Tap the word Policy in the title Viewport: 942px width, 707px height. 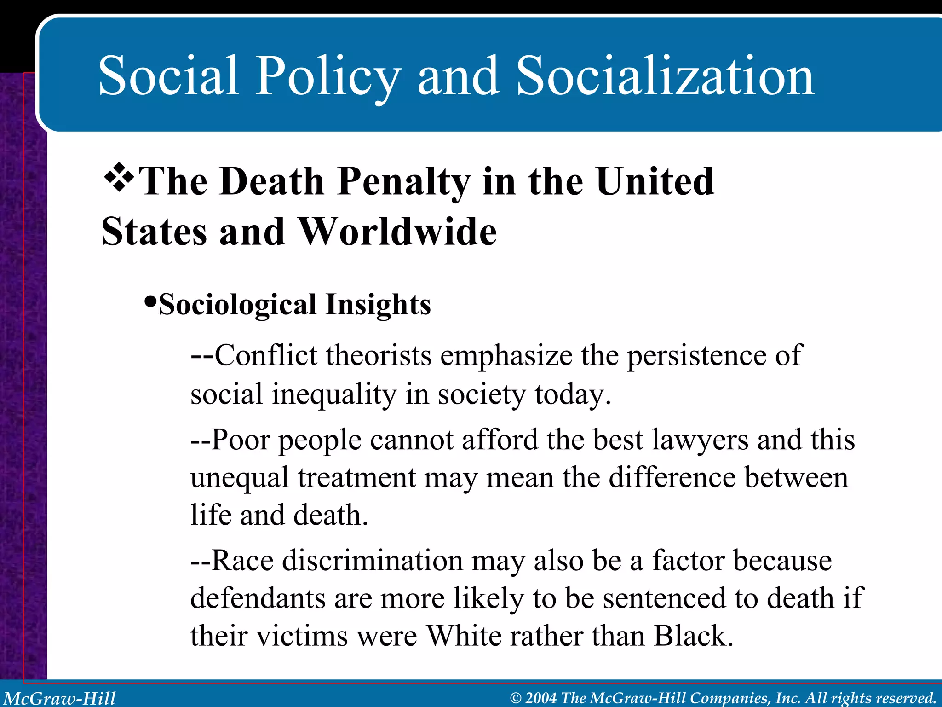pos(327,76)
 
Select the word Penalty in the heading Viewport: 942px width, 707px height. pos(403,182)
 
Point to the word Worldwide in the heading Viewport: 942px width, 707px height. pos(397,232)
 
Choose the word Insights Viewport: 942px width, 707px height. pos(378,305)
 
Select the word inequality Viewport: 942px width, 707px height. pos(334,395)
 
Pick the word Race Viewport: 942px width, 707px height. pos(242,561)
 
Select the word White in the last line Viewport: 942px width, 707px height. pos(464,636)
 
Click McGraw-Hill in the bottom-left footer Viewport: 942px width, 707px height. pos(60,698)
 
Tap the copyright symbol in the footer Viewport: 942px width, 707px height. pos(516,698)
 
